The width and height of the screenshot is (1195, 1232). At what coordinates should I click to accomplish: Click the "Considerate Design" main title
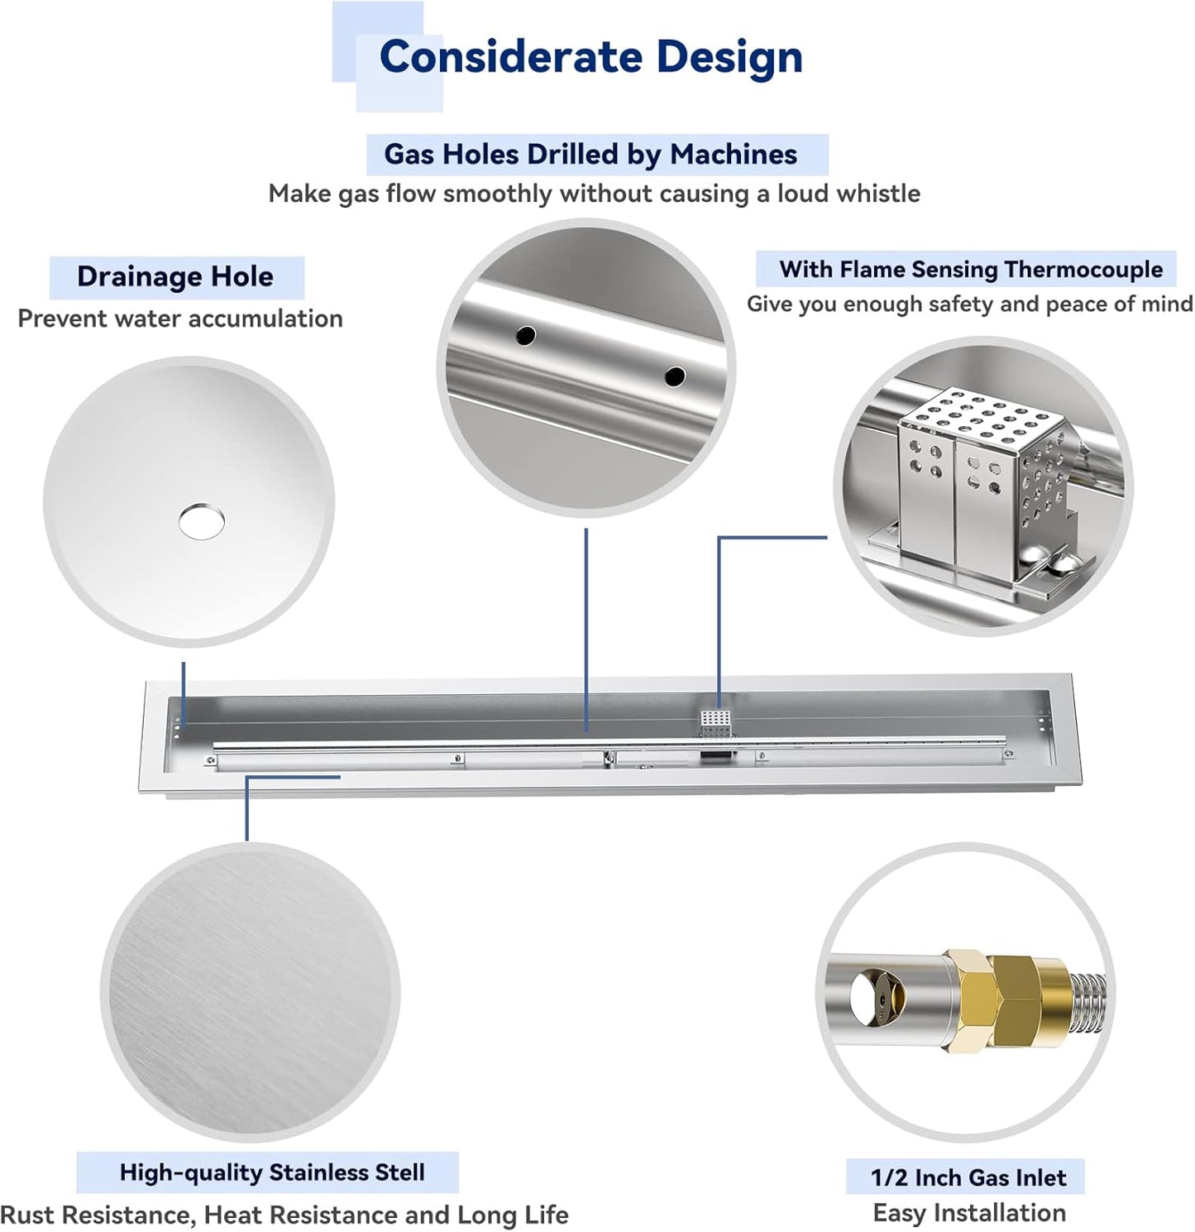[590, 57]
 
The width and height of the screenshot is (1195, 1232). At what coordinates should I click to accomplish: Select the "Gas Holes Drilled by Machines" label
[590, 155]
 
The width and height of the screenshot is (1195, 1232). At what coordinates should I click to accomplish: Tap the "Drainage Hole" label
[175, 276]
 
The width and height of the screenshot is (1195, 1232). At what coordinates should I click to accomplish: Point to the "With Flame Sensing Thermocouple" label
[970, 270]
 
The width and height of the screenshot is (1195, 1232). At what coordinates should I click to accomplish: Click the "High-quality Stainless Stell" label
[272, 1172]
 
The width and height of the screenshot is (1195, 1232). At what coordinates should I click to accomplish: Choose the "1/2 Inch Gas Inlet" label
[968, 1177]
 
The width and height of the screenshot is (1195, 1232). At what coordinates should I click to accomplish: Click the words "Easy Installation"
[969, 1213]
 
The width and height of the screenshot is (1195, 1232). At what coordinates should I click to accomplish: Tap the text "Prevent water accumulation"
[180, 319]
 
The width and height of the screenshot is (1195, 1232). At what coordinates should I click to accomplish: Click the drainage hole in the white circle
[201, 521]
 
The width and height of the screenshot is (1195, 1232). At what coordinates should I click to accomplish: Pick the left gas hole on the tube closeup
[526, 336]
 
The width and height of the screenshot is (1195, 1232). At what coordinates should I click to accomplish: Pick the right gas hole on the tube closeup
[675, 376]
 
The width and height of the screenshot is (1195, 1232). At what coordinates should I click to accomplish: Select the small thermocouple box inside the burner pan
[716, 721]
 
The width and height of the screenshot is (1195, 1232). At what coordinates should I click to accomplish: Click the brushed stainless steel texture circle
[250, 992]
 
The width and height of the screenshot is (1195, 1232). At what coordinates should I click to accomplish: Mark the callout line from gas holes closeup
[586, 629]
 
